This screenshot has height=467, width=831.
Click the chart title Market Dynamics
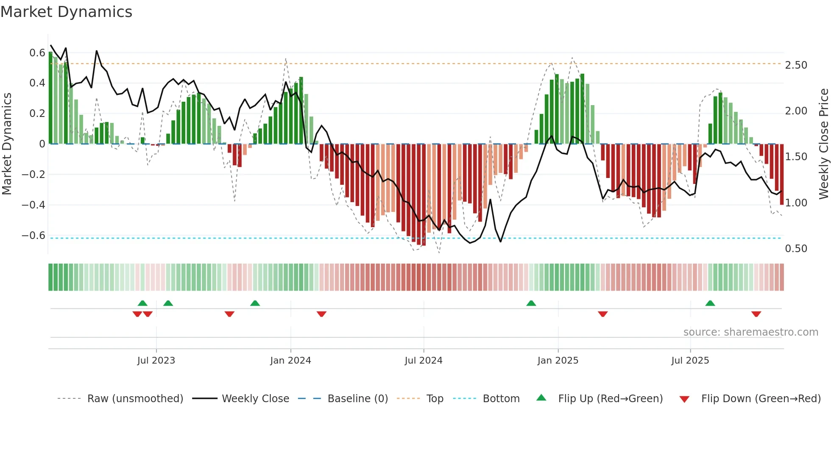[66, 12]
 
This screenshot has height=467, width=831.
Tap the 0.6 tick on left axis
[37, 53]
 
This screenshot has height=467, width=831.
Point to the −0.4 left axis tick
[33, 205]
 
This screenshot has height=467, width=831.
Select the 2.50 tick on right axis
[796, 65]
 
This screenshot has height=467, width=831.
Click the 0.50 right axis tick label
[796, 249]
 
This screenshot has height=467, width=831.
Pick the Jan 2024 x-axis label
[290, 361]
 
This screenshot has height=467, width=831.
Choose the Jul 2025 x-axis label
[690, 361]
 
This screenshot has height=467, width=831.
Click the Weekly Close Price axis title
[823, 144]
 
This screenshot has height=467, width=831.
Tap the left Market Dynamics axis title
[7, 144]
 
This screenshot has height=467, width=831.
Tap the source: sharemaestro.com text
[750, 332]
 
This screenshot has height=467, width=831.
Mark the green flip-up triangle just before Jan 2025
[531, 303]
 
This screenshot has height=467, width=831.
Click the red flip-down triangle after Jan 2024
[321, 314]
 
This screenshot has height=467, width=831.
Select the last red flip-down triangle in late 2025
[756, 314]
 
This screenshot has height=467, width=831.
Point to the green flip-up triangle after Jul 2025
[710, 303]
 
